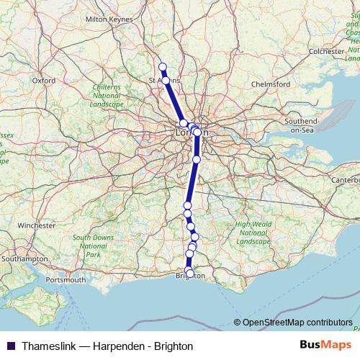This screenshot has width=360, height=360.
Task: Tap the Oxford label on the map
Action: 44,81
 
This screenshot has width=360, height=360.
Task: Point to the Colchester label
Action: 326,52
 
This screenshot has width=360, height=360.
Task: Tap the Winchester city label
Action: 37,225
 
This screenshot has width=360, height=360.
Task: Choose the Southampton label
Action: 24,258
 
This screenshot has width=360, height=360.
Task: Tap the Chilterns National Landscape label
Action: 107,95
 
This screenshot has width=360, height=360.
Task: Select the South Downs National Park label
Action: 93,246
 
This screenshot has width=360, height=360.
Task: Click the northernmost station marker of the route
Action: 162,67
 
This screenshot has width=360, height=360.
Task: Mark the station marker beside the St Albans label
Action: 166,81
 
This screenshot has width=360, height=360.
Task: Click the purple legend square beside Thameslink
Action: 10,346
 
